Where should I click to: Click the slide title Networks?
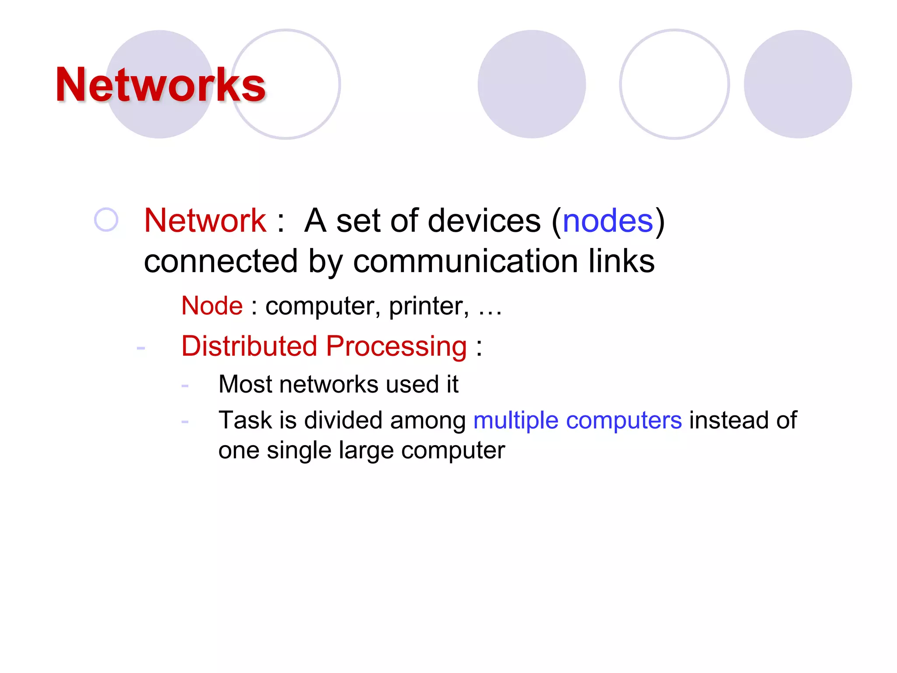[160, 85]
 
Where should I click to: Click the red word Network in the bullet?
[205, 220]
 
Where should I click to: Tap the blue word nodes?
[607, 220]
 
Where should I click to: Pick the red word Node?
[212, 305]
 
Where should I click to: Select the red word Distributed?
[249, 346]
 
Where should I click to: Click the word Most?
[245, 384]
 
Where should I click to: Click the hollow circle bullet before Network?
[106, 220]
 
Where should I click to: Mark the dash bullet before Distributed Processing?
[141, 348]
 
